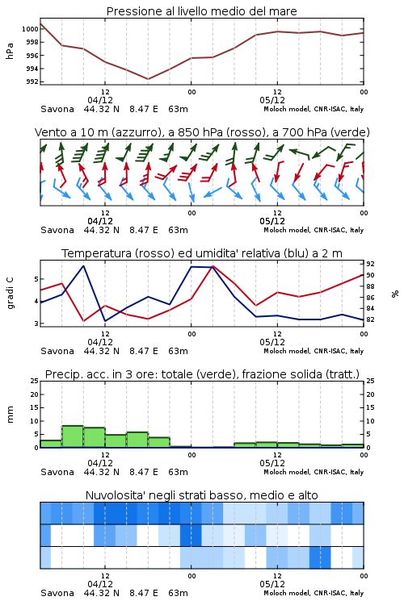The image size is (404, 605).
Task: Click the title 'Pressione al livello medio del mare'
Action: point(201,11)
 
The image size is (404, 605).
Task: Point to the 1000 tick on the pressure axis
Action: point(30,29)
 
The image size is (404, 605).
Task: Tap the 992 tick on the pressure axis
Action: point(32,81)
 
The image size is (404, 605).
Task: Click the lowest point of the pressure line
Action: point(148,79)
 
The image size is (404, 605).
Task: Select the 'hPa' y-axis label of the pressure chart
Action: point(10,51)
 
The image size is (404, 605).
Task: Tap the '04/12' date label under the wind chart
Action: point(100,221)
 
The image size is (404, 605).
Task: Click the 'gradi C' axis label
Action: point(10,294)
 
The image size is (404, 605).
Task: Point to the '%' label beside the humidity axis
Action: point(395,294)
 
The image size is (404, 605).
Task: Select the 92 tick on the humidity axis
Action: point(370,264)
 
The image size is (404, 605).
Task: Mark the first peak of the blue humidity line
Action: point(83,266)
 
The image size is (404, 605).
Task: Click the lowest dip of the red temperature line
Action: point(83,321)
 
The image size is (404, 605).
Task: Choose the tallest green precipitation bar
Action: point(73,436)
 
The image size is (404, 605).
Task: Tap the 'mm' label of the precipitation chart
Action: point(10,415)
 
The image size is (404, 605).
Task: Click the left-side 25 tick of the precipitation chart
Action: point(34,381)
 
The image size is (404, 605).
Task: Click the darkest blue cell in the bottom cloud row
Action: point(320,557)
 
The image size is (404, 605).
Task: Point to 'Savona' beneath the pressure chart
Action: point(57,109)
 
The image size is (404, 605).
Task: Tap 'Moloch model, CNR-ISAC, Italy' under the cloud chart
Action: point(314,593)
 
